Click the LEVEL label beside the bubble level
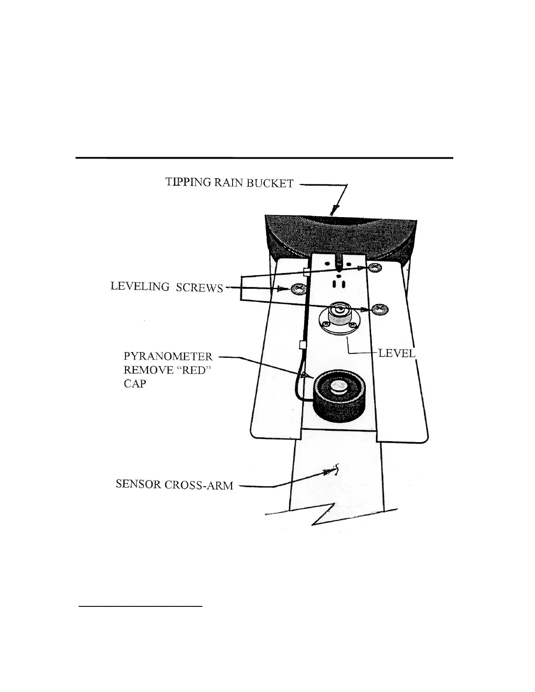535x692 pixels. (396, 353)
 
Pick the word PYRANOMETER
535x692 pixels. (168, 356)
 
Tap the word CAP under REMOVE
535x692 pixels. (135, 384)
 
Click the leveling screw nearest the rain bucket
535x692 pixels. (375, 267)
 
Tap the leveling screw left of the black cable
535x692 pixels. (298, 288)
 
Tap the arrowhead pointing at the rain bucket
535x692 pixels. (334, 211)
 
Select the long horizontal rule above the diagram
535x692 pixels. (264, 157)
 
